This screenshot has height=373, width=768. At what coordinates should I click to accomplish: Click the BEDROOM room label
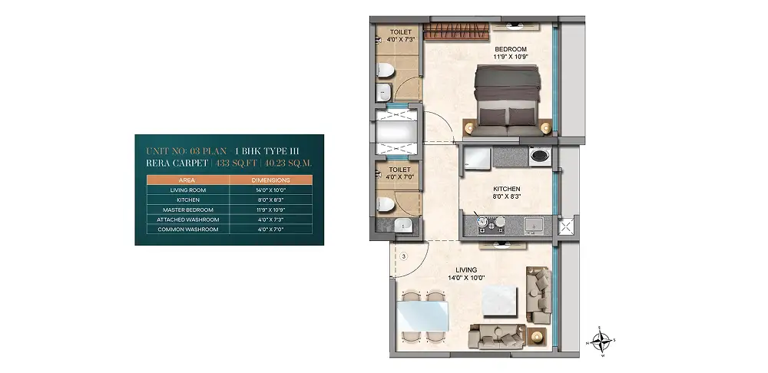[x=511, y=49]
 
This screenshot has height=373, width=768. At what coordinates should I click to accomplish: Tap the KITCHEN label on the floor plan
[x=506, y=189]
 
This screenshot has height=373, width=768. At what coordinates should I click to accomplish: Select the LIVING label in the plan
[x=466, y=269]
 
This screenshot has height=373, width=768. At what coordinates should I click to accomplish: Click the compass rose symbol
[x=601, y=341]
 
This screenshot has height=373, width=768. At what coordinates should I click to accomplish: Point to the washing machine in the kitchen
[x=540, y=156]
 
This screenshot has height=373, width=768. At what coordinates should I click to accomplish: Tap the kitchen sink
[x=532, y=225]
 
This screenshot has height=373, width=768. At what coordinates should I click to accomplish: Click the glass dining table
[x=422, y=315]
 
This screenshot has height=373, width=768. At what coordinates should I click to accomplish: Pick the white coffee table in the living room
[x=499, y=301]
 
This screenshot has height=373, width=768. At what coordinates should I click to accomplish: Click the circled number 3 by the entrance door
[x=404, y=256]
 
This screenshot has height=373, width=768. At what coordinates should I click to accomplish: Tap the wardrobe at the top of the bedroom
[x=456, y=31]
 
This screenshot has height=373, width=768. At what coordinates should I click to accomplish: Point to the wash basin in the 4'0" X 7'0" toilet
[x=404, y=226]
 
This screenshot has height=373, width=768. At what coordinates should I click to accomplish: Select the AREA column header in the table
[x=187, y=180]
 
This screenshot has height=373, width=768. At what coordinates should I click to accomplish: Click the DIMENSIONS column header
[x=270, y=180]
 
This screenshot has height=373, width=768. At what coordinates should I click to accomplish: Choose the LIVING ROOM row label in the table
[x=188, y=190]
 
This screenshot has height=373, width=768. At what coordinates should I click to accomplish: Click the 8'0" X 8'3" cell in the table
[x=271, y=200]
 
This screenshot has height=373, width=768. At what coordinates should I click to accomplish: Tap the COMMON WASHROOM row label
[x=188, y=229]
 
